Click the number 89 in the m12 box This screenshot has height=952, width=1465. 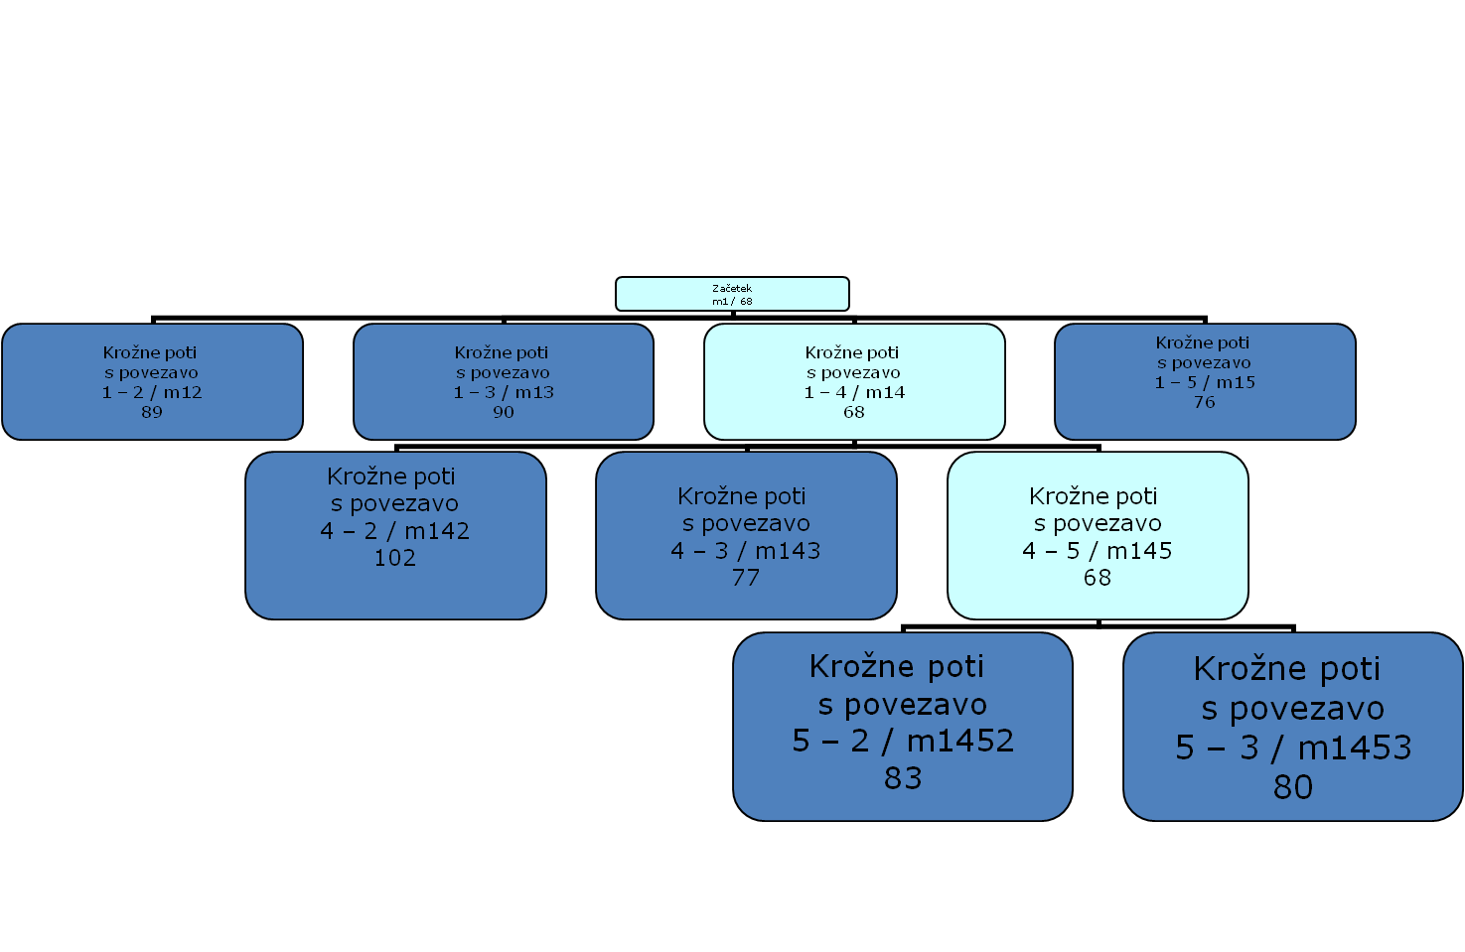152,412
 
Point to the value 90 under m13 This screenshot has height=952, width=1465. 504,412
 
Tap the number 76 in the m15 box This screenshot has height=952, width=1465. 1205,402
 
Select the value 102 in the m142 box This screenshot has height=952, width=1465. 395,558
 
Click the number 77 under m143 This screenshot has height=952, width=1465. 746,578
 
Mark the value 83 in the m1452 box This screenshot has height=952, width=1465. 903,778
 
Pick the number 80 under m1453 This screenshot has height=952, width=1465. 1293,787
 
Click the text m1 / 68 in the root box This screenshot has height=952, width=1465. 732,301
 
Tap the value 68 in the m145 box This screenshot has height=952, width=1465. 1098,578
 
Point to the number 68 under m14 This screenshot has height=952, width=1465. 854,412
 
